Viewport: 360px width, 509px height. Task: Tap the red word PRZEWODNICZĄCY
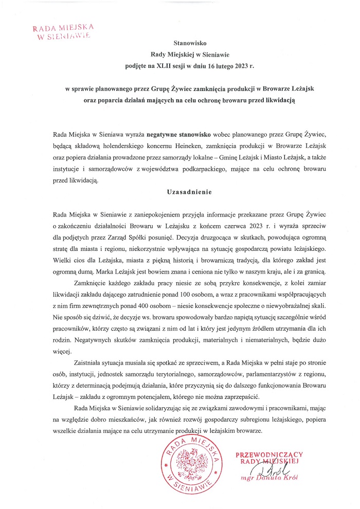click(x=269, y=455)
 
